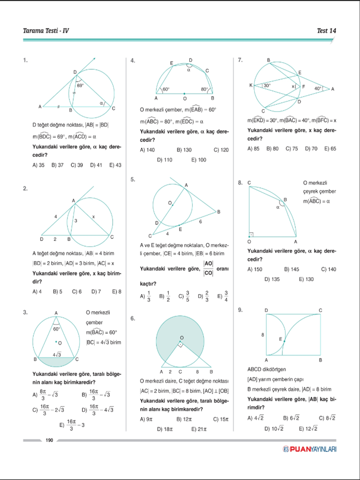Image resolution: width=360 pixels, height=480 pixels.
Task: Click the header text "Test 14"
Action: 326,31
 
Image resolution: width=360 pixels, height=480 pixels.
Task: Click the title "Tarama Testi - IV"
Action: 46,31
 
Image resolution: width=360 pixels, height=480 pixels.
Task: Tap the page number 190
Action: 50,440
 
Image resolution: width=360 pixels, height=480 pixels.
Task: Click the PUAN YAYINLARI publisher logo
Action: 310,449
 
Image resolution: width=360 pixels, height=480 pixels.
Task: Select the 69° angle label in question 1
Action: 80,85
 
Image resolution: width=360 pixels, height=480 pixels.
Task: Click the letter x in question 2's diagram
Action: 94,216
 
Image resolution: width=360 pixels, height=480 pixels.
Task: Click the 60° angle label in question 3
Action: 56,329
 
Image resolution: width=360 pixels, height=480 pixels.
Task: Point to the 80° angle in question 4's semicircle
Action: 205,89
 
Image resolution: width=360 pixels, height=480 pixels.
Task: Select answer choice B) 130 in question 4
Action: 184,150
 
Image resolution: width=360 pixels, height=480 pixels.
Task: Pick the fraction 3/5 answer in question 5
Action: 184,296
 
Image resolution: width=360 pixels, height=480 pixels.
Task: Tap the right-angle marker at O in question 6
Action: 181,344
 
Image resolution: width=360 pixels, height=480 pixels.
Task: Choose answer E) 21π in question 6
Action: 198,429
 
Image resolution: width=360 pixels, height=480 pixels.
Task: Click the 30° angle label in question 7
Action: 267,86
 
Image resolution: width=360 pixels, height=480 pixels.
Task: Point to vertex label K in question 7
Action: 250,86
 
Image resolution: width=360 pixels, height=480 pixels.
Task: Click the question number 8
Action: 240,183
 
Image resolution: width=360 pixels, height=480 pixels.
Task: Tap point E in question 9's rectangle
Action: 284,341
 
